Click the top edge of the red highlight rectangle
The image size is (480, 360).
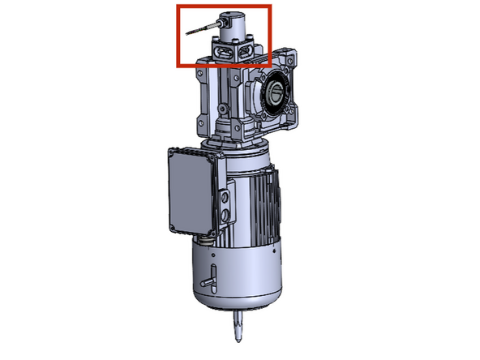click(x=224, y=6)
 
